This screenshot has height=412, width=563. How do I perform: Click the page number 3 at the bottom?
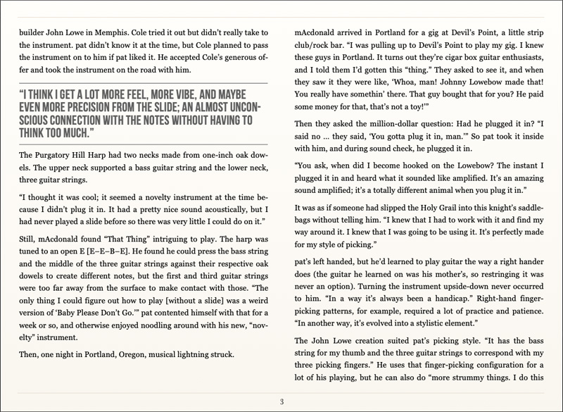281,402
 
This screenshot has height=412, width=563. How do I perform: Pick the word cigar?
455,57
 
